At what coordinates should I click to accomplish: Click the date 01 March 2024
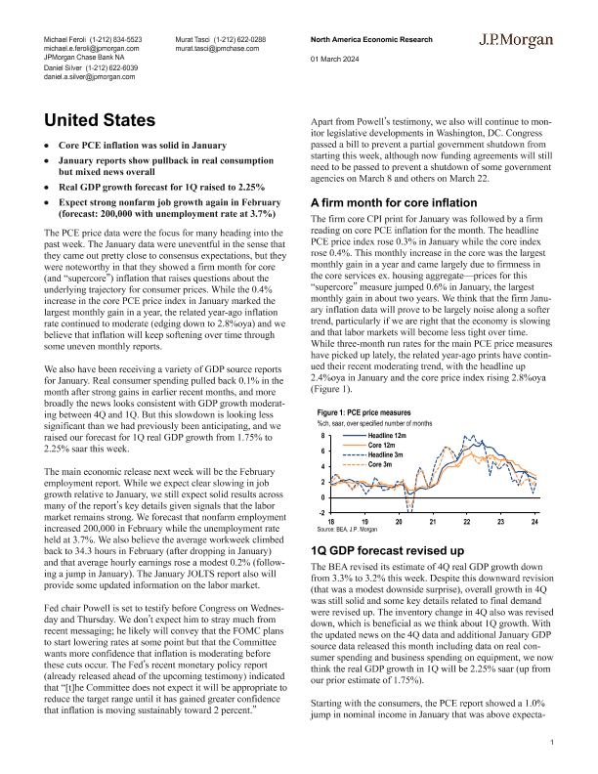(x=332, y=60)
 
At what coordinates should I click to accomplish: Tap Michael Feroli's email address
(x=92, y=47)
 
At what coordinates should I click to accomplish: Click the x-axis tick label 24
(x=534, y=523)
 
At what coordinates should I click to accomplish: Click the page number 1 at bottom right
(x=552, y=744)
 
